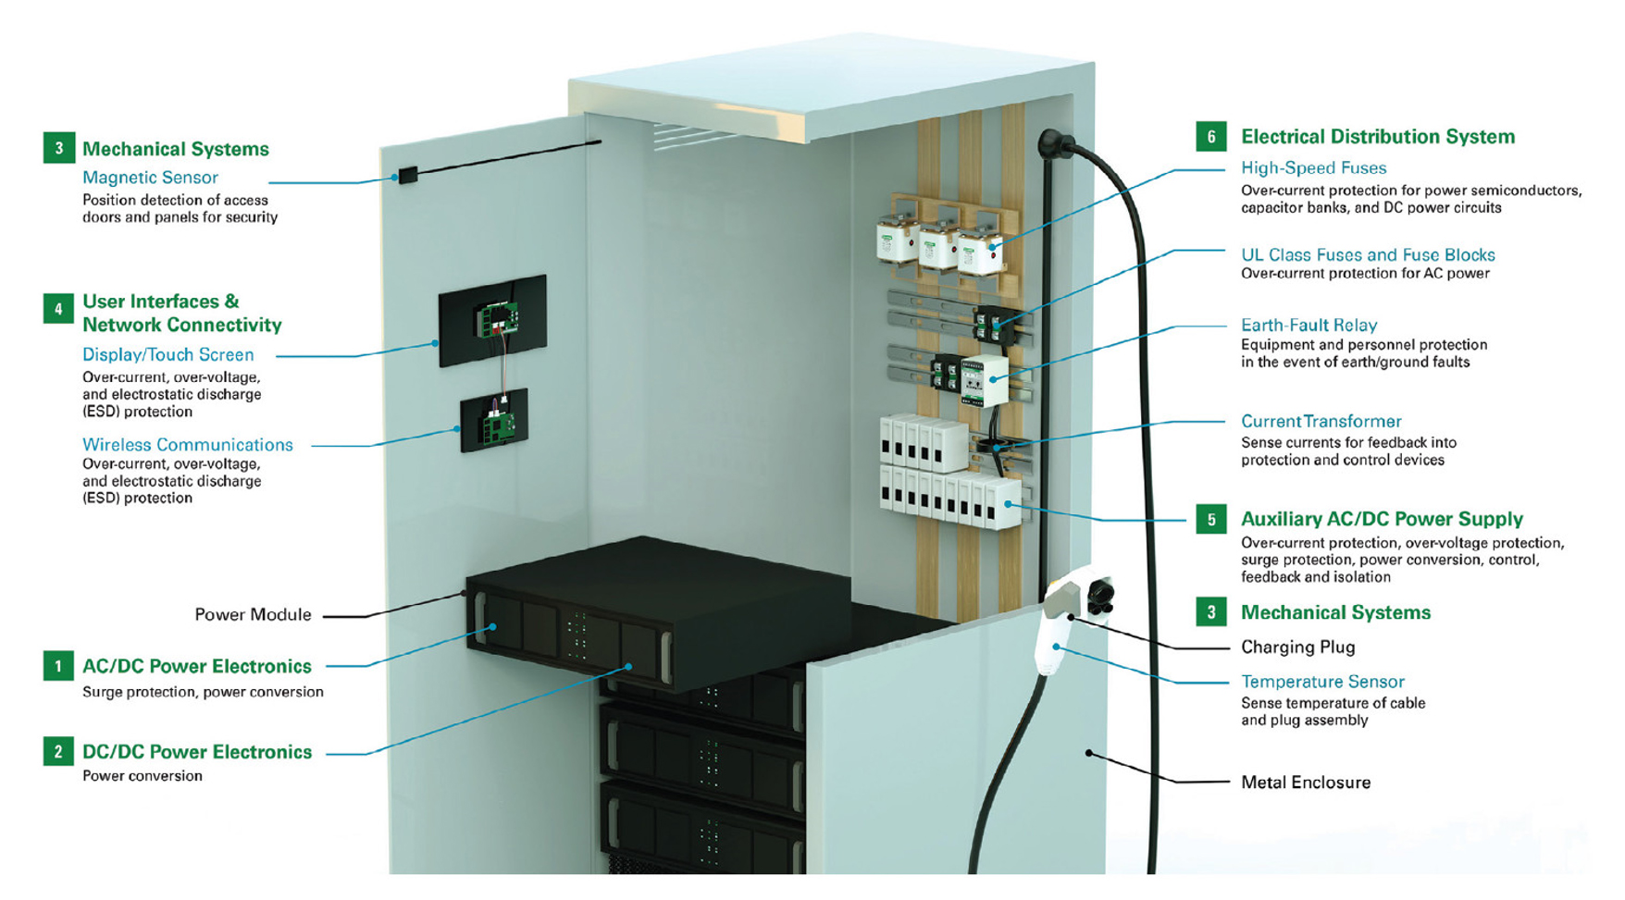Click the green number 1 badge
coord(58,666)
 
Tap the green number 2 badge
coord(58,751)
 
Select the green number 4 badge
coord(58,308)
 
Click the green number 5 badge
coord(1210,519)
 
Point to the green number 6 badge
coord(1210,137)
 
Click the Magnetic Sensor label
coord(150,178)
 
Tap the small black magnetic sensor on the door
coord(407,175)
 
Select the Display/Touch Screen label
coord(167,354)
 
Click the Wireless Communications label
coord(187,445)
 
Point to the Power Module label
coord(253,615)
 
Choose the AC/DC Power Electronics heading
coord(196,666)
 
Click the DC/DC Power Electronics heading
coord(196,752)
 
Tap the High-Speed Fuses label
coord(1313,168)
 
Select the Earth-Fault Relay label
coord(1309,326)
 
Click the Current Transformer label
coord(1321,422)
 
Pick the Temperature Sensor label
coord(1322,682)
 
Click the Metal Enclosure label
coord(1305,783)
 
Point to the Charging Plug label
coord(1297,647)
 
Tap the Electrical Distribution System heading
coord(1377,137)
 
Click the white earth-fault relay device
coord(984,380)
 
